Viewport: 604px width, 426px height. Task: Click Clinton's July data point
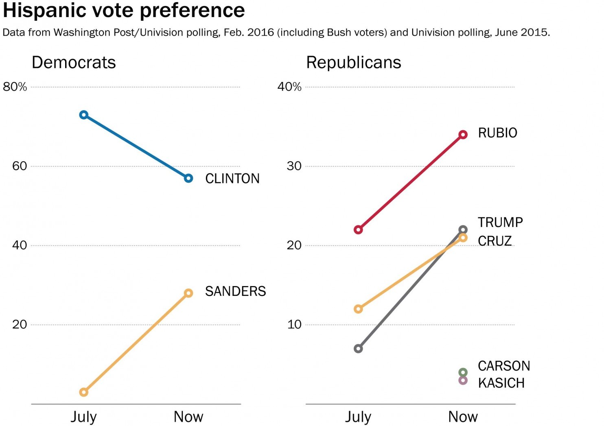[x=84, y=115]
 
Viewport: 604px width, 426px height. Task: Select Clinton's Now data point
[x=188, y=178]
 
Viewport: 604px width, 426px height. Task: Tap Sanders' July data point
[x=84, y=392]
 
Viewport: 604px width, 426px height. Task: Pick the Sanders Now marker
[x=188, y=293]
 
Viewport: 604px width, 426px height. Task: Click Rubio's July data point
[x=358, y=230]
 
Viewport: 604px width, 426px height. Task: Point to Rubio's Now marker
[x=463, y=135]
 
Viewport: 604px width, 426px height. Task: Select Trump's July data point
[x=358, y=349]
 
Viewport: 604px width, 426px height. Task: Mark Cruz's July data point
[x=358, y=309]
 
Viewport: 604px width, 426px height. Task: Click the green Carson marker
[x=463, y=372]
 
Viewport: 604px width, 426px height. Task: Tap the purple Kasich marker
[x=463, y=380]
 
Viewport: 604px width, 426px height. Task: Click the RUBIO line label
[x=497, y=133]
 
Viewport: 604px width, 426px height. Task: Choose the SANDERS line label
[x=235, y=291]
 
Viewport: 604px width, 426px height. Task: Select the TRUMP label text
[x=500, y=223]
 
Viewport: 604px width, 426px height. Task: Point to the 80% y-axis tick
[x=15, y=87]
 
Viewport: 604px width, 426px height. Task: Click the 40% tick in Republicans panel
[x=289, y=87]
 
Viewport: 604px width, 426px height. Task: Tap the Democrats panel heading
[x=74, y=63]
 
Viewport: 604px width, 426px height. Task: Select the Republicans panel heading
[x=353, y=63]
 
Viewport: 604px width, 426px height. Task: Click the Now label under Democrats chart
[x=188, y=417]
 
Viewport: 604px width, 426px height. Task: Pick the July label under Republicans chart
[x=358, y=417]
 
